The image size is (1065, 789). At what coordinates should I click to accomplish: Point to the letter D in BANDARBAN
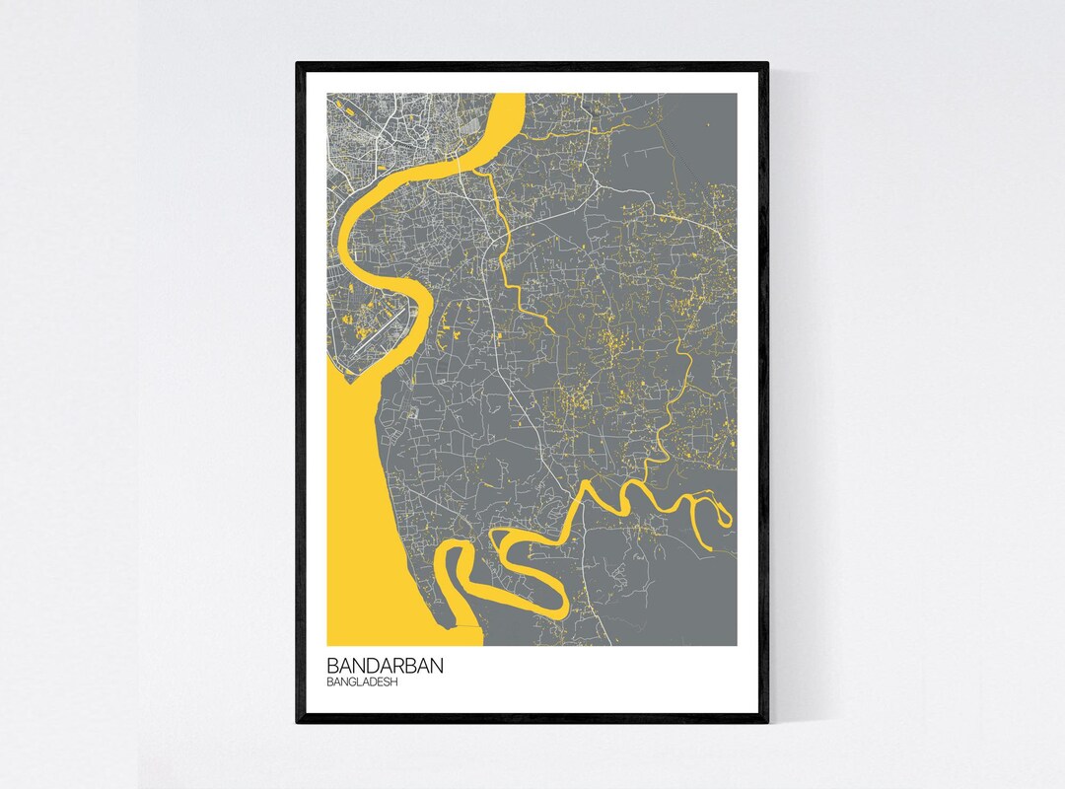[x=373, y=666]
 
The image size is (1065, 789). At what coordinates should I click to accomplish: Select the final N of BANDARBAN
[x=436, y=666]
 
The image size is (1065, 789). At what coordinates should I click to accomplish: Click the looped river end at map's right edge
[x=726, y=514]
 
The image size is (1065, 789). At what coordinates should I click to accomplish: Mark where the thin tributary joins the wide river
[x=479, y=170]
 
